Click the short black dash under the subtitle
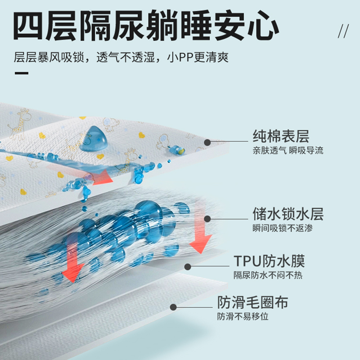pos(21,73)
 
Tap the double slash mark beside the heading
pos(343,31)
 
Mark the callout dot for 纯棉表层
pos(207,142)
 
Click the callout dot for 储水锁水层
pos(207,219)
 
